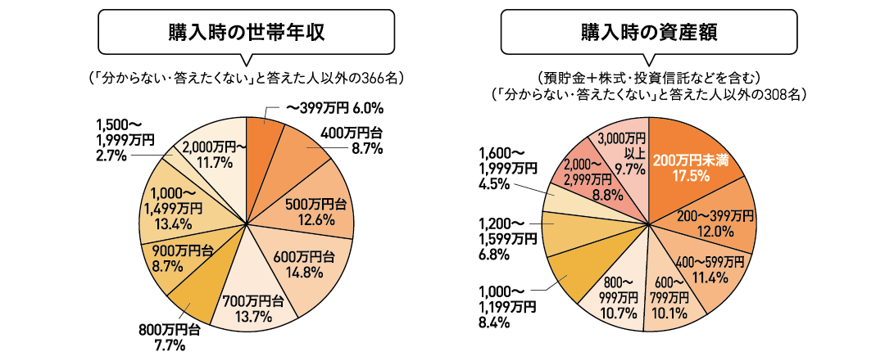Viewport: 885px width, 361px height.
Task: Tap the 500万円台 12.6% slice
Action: pyautogui.click(x=313, y=211)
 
